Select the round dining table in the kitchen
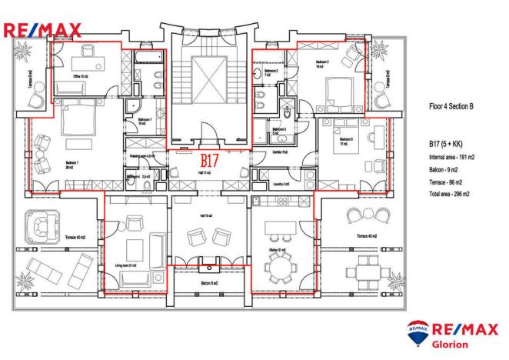278,266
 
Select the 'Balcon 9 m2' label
208,284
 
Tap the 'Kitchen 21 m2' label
277,250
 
